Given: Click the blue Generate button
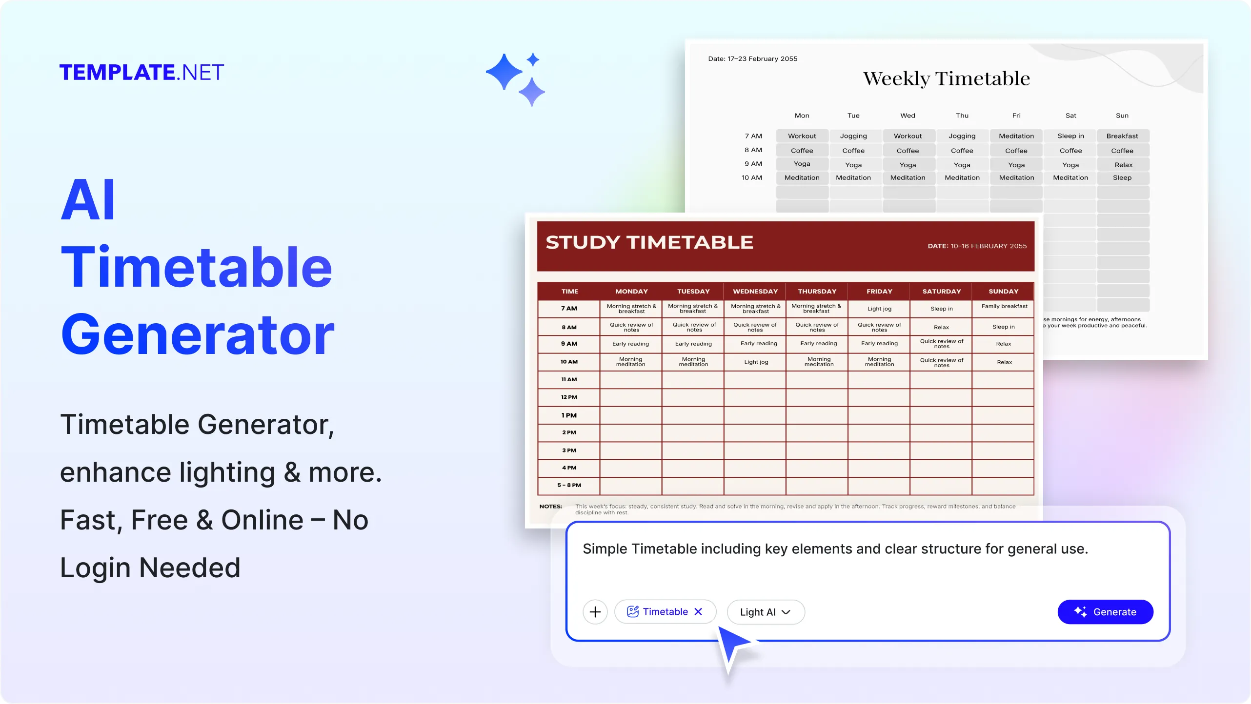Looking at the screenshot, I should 1105,612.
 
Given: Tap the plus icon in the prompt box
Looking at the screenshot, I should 595,612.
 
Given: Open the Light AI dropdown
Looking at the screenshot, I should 765,612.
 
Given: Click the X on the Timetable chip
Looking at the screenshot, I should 698,611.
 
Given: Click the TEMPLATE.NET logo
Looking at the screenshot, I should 141,73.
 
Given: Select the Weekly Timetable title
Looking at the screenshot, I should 946,78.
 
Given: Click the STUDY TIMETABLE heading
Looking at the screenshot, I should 649,242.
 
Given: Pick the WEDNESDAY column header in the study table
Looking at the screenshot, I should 755,291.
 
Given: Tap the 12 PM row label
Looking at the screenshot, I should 569,397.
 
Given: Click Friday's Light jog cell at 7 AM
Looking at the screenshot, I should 879,309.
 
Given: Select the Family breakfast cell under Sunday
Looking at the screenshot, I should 1004,306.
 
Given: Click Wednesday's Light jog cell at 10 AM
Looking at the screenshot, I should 756,362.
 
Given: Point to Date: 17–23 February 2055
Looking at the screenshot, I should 752,59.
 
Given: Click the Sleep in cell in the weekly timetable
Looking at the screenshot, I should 1070,136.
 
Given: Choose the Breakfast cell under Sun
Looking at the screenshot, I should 1122,136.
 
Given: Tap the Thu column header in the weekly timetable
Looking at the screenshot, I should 962,116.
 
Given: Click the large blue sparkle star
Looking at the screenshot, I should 504,72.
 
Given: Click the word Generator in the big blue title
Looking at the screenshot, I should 198,334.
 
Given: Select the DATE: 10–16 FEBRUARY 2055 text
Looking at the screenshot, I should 977,246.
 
